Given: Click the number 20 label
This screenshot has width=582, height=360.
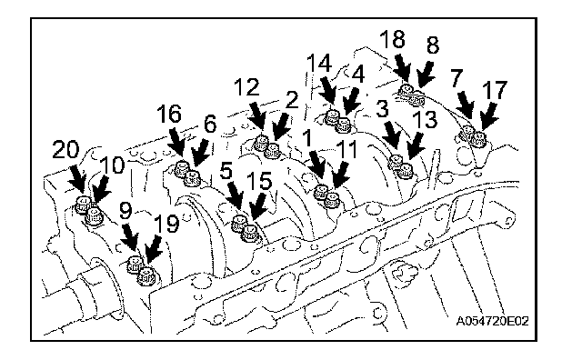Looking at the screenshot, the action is pos(66,150).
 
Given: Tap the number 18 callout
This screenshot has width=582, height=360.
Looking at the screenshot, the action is pos(392,39).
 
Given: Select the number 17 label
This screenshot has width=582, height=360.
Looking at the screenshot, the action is pos(495,90).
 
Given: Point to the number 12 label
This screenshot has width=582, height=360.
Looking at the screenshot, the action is pos(246,87).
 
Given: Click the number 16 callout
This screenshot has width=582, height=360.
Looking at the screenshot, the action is pos(169,114).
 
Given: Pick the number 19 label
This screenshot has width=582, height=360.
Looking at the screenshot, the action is pos(166,224).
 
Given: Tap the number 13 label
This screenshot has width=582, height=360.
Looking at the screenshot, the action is pos(426,119).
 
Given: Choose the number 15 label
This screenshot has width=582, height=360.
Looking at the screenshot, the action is pos(259,181).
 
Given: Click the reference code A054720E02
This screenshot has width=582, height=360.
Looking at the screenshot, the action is pos(492,321).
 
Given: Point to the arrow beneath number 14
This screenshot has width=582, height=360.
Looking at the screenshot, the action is pos(328,93).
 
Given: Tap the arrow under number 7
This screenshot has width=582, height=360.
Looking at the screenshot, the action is pos(465,105).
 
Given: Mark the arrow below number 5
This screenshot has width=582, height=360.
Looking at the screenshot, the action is pos(235,196).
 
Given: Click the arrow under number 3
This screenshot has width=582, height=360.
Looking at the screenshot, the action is pos(392,138).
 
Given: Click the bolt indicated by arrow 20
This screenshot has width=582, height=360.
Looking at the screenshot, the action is pos(83,205).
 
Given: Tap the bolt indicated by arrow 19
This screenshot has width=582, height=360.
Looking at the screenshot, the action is pos(145,275).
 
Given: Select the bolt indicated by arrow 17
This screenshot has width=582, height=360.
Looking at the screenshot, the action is pos(478,139).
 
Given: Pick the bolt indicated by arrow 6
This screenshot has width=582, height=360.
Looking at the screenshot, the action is pos(193,178).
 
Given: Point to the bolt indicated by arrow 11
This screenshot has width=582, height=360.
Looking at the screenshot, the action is pos(331,200).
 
